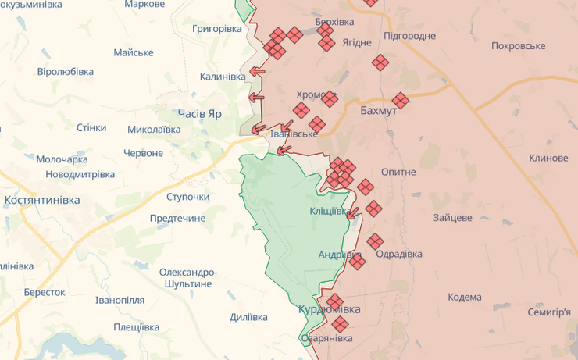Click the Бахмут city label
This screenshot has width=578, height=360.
coord(379,111)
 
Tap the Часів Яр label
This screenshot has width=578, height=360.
coord(199,113)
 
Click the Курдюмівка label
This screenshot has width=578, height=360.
coord(330,309)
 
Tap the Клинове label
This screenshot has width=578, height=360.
coord(548,158)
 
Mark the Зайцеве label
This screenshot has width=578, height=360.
coord(453,217)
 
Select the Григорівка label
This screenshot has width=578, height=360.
coord(217,28)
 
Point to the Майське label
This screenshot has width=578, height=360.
coord(134,52)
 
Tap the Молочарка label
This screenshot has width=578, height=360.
coord(62,159)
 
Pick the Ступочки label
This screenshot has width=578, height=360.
coord(188,197)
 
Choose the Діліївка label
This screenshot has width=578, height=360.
coord(248,317)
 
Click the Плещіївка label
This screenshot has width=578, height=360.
coord(138,327)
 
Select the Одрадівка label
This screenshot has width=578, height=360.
coord(398,255)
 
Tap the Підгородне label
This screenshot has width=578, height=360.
coord(410,36)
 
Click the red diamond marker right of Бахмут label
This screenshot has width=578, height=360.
coord(401,101)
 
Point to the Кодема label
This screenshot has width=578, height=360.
coord(465,298)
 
